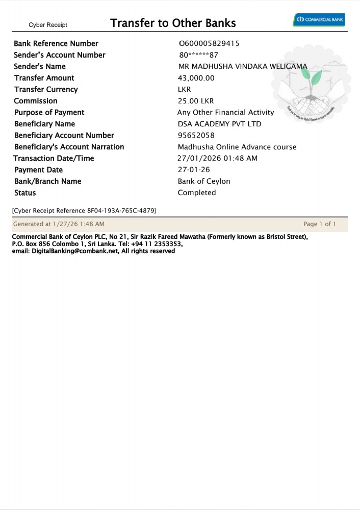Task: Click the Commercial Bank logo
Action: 319,20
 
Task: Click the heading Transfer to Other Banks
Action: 173,23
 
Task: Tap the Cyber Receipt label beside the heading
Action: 48,25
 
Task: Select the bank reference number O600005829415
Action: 209,44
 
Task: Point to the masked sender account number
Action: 199,55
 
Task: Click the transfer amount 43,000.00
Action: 196,78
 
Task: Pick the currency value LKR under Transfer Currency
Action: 184,90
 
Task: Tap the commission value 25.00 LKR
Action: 196,101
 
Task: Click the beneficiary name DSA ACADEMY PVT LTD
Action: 219,124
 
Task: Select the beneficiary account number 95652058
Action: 196,136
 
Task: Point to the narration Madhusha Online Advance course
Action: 237,147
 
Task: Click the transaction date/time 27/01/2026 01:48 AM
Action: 217,158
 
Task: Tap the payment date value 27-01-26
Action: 194,170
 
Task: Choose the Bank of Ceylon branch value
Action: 204,181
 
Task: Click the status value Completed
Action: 197,193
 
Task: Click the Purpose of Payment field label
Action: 49,113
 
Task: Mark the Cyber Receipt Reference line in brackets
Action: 84,210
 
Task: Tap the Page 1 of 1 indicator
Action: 320,224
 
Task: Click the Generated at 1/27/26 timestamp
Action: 59,224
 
